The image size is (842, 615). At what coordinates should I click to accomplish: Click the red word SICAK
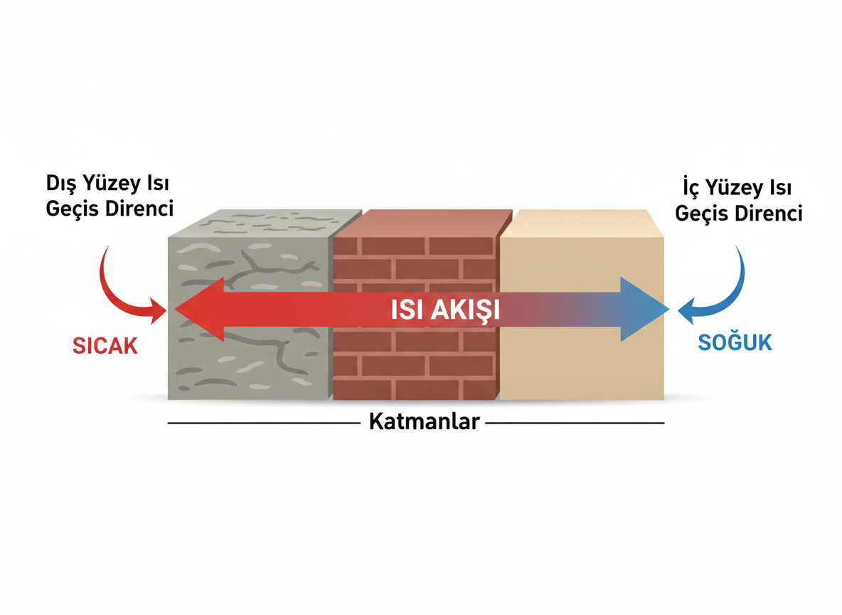(x=105, y=345)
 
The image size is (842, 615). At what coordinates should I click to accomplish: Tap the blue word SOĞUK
(x=735, y=342)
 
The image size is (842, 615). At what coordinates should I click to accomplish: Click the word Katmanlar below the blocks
(x=424, y=422)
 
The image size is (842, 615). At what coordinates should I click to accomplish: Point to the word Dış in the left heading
(x=60, y=184)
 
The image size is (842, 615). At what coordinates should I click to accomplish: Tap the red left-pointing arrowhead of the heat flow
(x=199, y=310)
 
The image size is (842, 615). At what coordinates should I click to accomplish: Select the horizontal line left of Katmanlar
(x=263, y=423)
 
